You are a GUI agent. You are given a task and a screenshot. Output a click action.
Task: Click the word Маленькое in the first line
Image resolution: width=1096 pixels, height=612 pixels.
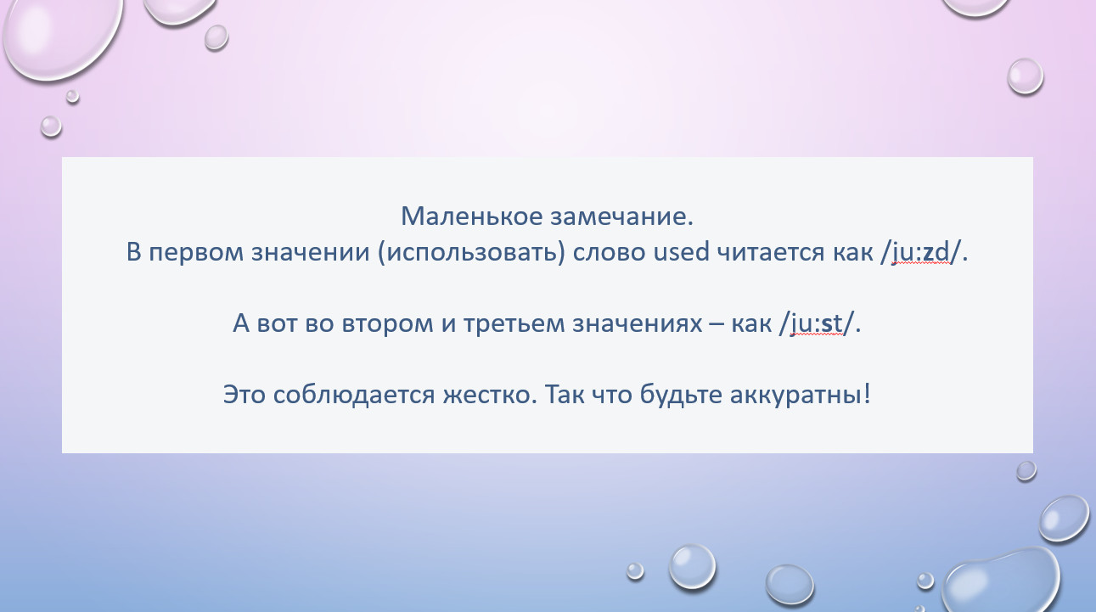coord(472,216)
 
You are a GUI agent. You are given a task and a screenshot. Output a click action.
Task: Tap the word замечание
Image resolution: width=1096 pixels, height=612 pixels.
coord(622,216)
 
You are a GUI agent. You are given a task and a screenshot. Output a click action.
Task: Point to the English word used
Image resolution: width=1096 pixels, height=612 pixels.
coord(682,251)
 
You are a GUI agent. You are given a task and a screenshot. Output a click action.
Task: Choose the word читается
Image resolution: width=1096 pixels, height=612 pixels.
coord(771,252)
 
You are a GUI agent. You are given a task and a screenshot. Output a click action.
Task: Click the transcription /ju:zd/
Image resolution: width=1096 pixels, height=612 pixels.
coord(920,253)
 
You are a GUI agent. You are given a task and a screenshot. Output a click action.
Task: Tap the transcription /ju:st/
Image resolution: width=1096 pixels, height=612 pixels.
coord(816,323)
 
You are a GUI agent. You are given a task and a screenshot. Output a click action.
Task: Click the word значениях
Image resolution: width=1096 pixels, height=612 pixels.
coord(637,323)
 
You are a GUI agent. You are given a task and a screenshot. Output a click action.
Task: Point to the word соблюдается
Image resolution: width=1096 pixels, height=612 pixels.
coord(354,395)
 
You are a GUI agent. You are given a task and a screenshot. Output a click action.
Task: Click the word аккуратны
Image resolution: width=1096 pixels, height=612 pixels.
coord(800,395)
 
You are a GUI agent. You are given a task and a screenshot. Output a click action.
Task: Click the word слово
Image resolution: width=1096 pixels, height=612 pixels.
coord(609,253)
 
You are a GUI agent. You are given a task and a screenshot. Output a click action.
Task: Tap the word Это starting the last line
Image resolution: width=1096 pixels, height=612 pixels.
coord(244,395)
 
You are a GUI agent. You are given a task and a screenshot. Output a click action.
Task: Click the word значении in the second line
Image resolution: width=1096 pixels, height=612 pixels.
coord(310,253)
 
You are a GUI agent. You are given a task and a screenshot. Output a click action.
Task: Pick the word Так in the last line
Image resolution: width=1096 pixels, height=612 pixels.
coord(565,394)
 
